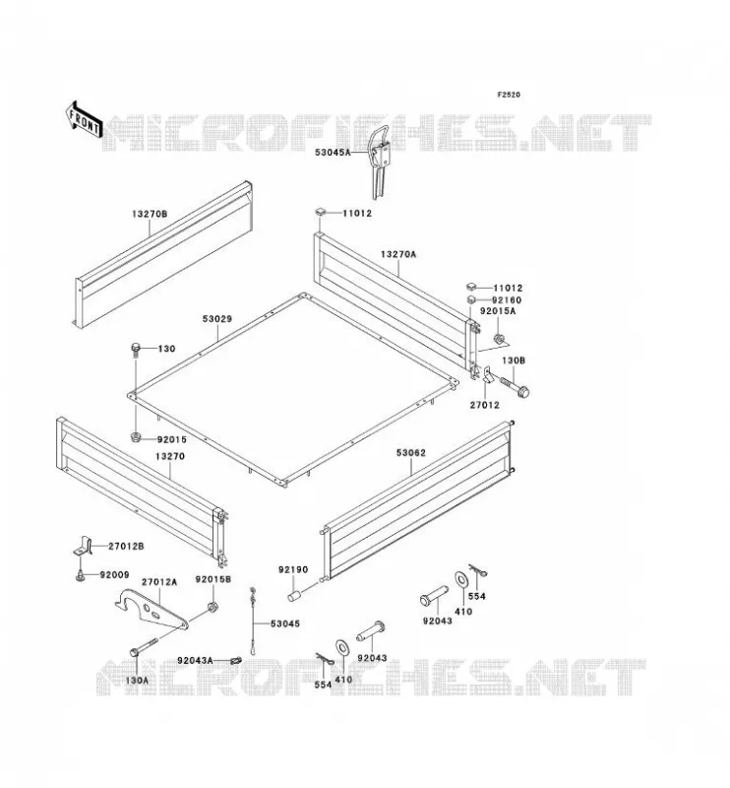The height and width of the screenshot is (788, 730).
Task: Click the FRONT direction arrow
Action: pos(84,119)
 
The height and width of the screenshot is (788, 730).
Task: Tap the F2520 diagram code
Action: pos(509,95)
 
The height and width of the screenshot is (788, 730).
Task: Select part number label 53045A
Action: pos(333,152)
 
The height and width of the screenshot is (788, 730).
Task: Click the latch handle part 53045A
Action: pos(381,162)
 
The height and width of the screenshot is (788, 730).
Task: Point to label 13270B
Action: pos(150,214)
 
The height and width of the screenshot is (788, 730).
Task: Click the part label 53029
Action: pos(217,318)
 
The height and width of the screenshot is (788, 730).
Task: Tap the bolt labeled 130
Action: pos(136,350)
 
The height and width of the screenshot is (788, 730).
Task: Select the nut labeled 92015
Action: pos(136,436)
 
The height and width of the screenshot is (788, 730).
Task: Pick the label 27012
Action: pos(484,405)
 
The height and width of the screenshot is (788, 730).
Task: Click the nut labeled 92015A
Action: pos(499,339)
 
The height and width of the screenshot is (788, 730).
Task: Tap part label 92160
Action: pos(507,300)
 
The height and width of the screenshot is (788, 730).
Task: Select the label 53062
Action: pos(410,453)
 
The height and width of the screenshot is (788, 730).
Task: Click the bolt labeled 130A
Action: pos(144,647)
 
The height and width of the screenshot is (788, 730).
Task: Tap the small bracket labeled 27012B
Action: pos(84,547)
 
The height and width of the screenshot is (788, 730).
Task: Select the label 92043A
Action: pos(195,660)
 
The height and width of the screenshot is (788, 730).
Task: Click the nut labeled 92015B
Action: pos(213,607)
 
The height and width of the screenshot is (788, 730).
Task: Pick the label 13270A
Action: pos(398,254)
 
